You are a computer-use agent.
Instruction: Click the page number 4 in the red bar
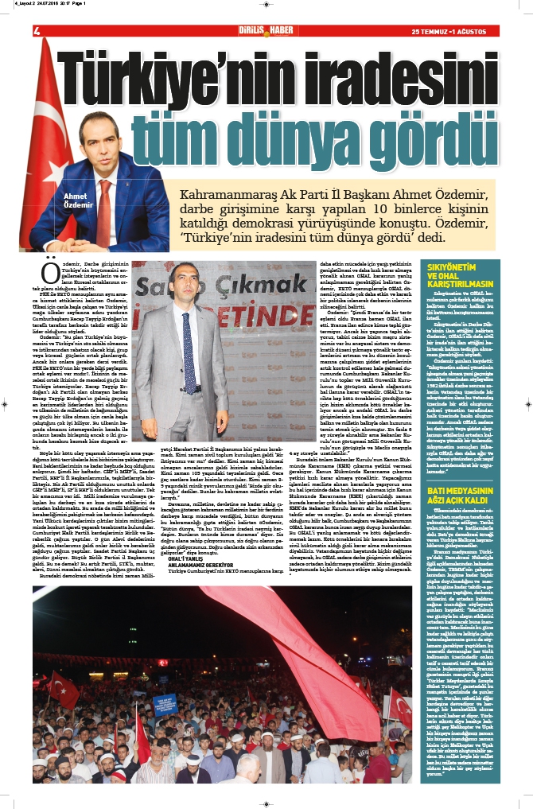(x=37, y=31)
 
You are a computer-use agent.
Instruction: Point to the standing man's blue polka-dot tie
(x=188, y=350)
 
